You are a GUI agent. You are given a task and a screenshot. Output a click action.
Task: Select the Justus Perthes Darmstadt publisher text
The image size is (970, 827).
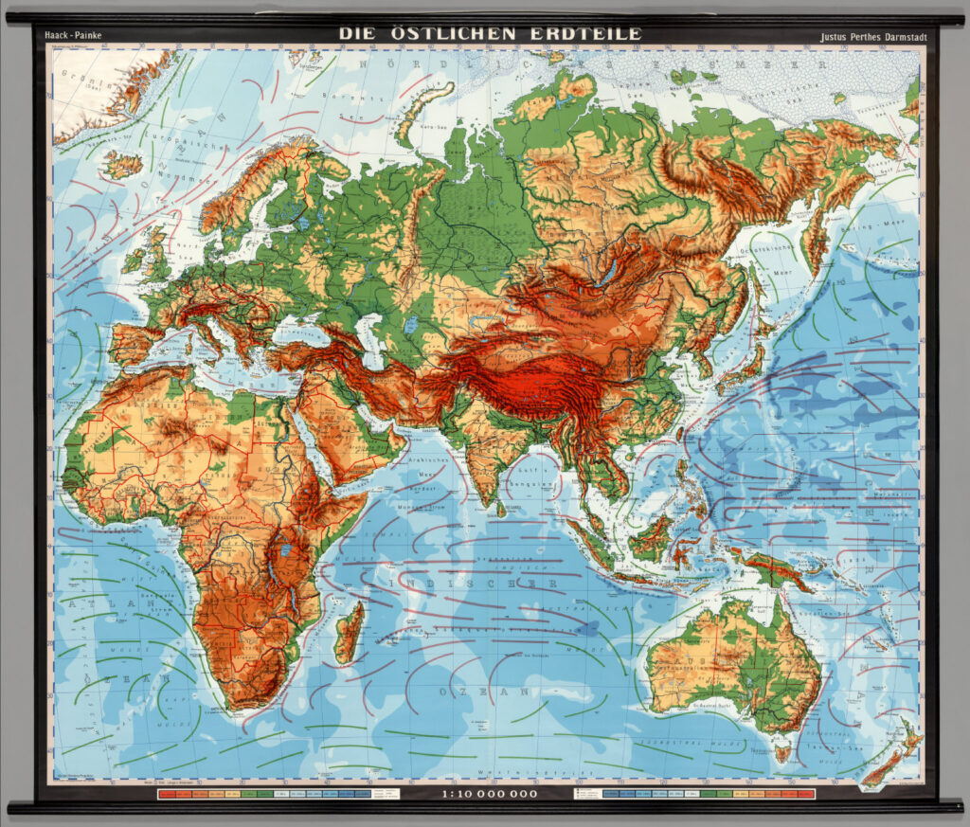point(873,38)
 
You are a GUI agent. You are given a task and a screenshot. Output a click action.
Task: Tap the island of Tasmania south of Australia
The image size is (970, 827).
point(781,752)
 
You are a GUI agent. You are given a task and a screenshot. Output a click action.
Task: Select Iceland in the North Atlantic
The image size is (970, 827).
point(122,165)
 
